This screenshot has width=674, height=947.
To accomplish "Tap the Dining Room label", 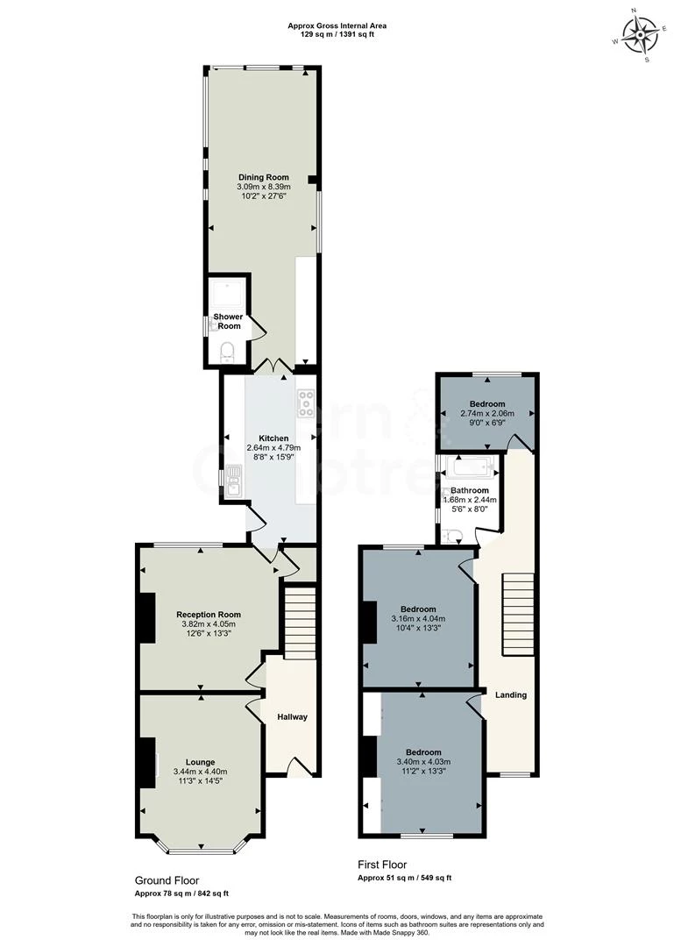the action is click(x=263, y=177).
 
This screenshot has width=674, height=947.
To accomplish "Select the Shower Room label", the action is click(x=229, y=321).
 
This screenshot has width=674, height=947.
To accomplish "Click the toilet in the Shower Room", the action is click(x=227, y=352).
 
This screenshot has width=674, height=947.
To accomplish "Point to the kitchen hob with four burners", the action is click(x=306, y=402).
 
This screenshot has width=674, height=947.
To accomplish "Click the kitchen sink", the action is click(x=234, y=481).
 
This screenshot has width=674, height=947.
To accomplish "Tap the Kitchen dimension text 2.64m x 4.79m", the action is click(x=273, y=447).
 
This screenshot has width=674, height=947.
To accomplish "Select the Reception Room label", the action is click(x=209, y=615).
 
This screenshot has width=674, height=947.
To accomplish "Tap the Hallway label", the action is click(x=293, y=717).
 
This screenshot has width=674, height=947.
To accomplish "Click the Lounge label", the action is click(x=200, y=762).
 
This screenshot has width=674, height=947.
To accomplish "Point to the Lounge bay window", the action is click(x=200, y=850).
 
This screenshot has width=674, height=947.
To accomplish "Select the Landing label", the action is click(x=511, y=695).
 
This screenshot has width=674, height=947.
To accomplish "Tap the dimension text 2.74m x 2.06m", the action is click(x=487, y=414).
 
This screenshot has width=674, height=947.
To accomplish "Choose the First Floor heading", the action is click(x=382, y=865).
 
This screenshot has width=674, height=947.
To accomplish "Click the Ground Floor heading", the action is click(x=167, y=880).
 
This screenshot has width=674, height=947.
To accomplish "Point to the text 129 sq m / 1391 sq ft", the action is click(x=337, y=34).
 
